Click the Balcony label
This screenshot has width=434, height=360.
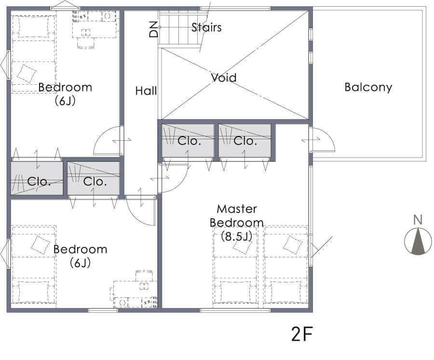click(368, 87)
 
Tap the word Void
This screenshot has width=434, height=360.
click(224, 78)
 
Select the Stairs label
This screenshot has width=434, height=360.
click(206, 27)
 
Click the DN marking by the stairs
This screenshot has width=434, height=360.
click(153, 29)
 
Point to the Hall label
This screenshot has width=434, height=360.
click(146, 91)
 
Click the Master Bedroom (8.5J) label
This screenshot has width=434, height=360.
click(237, 223)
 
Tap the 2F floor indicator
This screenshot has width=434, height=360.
click(302, 334)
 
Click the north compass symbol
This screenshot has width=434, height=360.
click(418, 241)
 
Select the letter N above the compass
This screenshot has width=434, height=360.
click(418, 220)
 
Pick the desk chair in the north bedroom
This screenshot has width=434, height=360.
click(86, 43)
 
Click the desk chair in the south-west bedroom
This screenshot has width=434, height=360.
click(144, 276)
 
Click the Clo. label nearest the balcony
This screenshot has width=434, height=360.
click(245, 141)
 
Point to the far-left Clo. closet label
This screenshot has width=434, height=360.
click(39, 182)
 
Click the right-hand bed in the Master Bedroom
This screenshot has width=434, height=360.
click(286, 267)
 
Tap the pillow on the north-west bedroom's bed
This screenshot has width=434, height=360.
click(27, 74)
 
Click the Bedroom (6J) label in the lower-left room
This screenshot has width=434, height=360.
click(80, 256)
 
